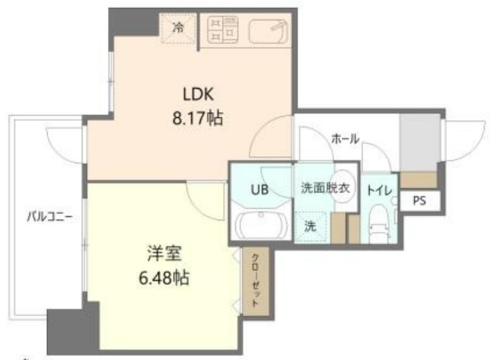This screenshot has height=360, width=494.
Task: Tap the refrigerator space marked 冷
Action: point(178,28)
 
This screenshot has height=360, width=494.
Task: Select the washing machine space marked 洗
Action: point(310,226)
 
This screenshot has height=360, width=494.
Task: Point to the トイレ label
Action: point(380,191)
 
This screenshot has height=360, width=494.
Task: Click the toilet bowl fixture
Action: point(379,226)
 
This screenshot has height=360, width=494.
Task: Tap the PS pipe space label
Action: point(420,202)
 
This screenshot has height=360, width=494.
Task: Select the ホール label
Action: point(345,139)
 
